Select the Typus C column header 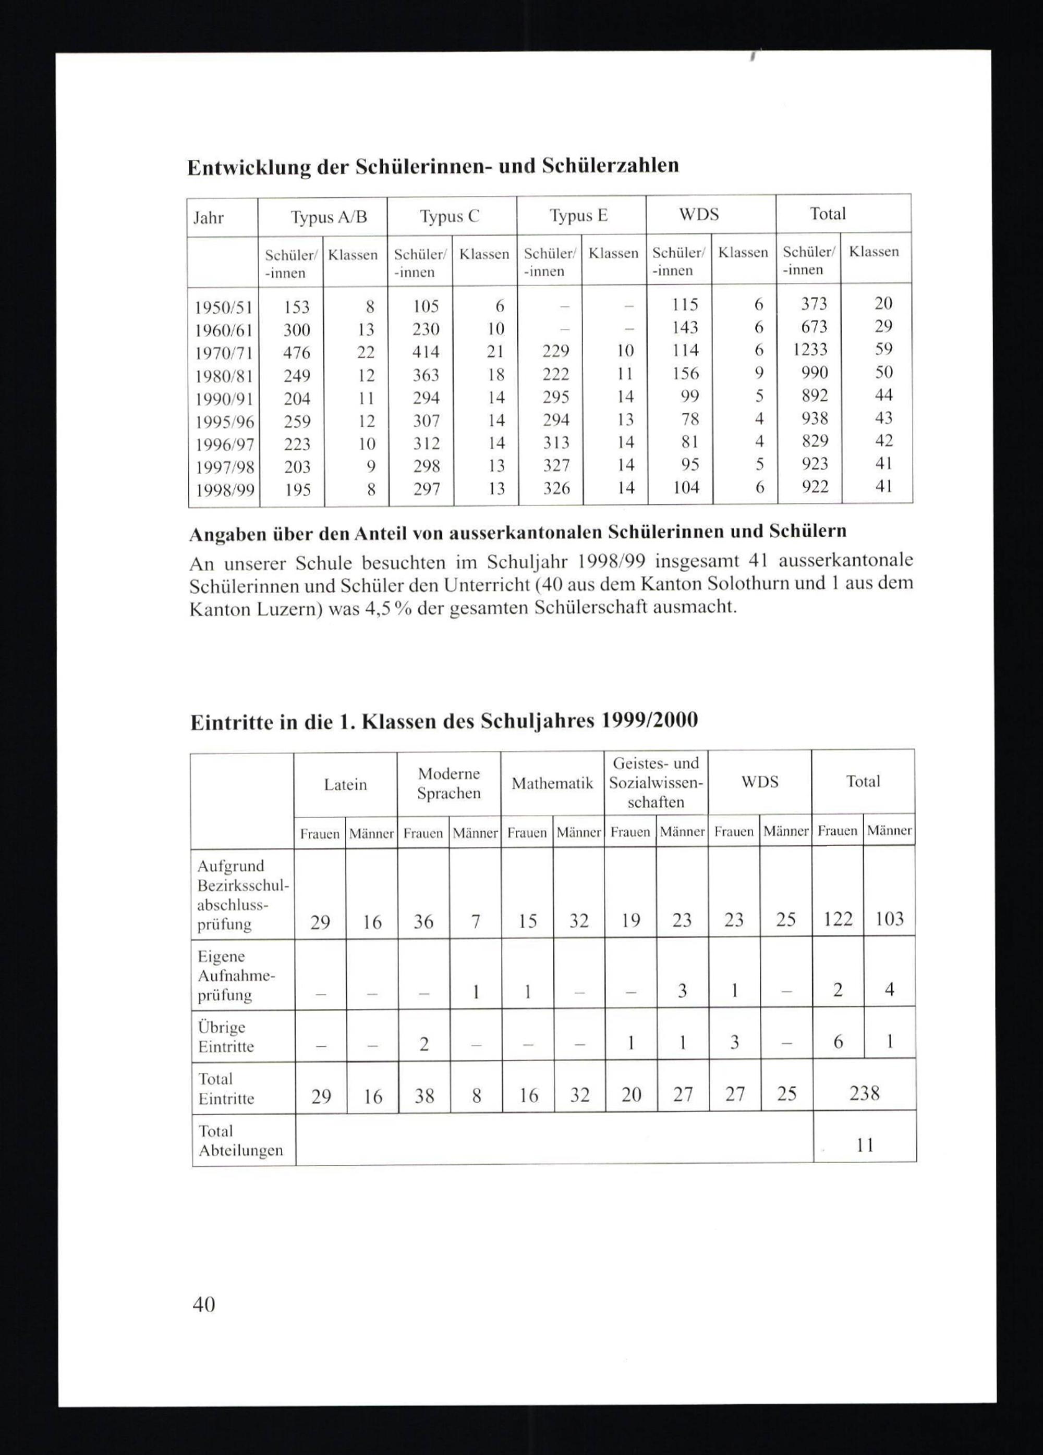point(450,216)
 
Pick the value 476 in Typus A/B point(297,353)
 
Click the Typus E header point(578,216)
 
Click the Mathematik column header point(552,783)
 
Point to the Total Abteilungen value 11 point(865,1145)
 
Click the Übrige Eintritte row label point(225,1037)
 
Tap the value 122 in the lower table point(838,919)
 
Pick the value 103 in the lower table point(889,919)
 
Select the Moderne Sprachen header point(448,783)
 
